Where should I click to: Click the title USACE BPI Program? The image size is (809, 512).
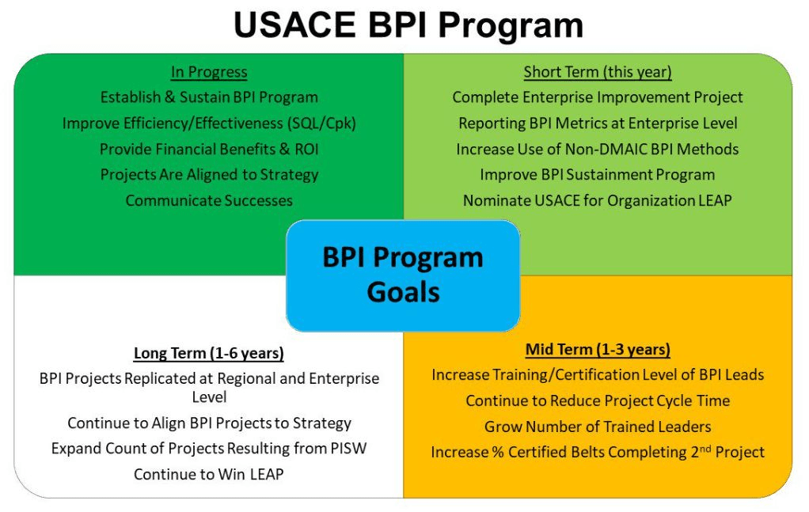408,25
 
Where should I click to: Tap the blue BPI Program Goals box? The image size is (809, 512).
403,275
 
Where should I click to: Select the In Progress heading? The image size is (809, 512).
209,72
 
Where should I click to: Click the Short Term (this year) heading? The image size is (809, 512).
598,72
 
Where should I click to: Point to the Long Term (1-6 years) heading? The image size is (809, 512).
209,353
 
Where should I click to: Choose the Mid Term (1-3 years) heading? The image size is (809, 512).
598,350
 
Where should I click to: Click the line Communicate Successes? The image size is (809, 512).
209,200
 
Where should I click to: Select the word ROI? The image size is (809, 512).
306,150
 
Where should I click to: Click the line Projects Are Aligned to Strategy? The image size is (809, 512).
209,176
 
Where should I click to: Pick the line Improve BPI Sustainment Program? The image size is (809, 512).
598,176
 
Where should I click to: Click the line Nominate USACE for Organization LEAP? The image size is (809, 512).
598,200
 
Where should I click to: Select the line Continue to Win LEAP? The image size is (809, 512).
209,474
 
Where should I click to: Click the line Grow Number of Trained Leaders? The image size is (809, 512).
598,427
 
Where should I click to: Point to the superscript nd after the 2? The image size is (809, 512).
705,448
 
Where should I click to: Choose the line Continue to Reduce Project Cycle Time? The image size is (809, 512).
598,401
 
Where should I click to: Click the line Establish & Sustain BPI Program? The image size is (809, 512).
209,97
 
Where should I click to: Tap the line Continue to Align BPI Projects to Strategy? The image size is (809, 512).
209,423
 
